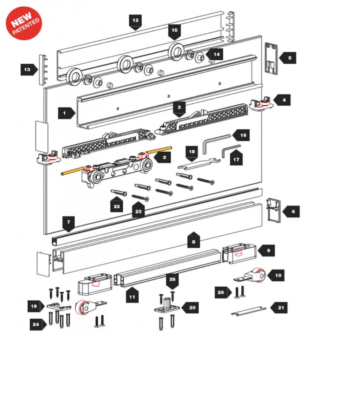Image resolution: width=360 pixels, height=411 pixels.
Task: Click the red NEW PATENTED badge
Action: [x=24, y=23]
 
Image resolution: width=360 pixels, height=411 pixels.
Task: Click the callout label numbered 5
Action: [x=288, y=58]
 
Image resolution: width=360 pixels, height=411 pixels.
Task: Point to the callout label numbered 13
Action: [x=29, y=70]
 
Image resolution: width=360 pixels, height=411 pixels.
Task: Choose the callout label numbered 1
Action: [x=67, y=113]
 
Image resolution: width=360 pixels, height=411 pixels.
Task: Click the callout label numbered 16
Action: [x=241, y=135]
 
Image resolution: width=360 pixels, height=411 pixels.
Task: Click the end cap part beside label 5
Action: [x=271, y=58]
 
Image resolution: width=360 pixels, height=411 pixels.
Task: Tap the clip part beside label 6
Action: [x=274, y=210]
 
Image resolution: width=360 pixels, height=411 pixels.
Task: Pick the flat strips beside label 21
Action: [x=249, y=311]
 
